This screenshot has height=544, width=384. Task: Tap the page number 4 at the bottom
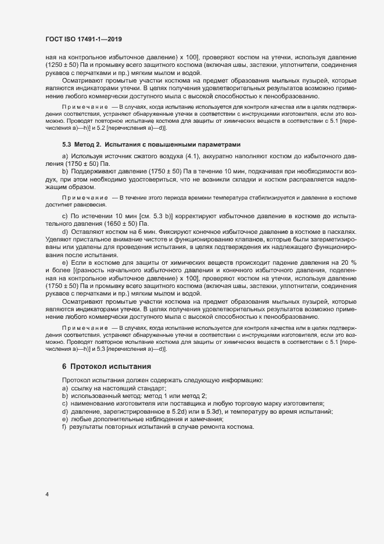click(x=47, y=495)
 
